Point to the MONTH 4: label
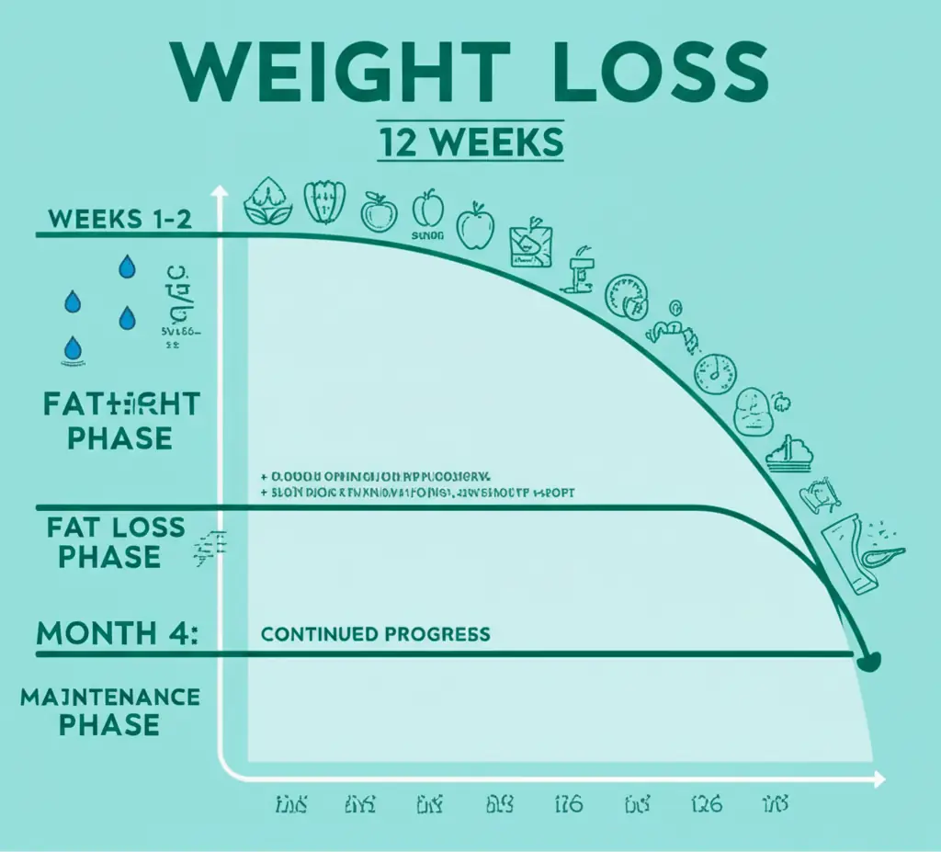coord(118,633)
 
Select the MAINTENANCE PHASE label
coord(110,710)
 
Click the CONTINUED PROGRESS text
coord(375,634)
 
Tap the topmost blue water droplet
coord(126,267)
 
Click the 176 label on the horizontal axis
coord(568,805)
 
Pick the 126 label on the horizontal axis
coord(705,805)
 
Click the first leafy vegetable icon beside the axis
coord(267,202)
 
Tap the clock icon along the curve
coord(715,370)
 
